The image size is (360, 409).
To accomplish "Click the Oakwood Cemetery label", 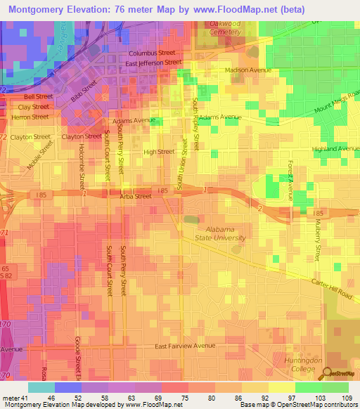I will (224, 27).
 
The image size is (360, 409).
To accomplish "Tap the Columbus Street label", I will (151, 53).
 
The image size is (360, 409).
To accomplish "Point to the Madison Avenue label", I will (247, 70).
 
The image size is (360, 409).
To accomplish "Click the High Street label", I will (158, 152).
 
